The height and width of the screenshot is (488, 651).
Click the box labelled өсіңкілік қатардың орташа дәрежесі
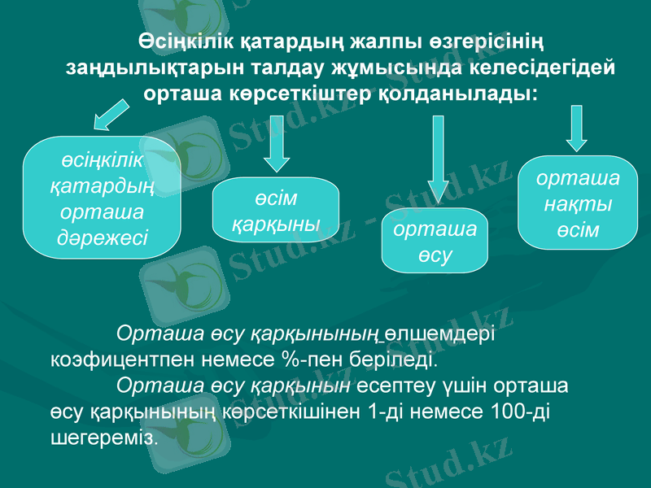click(x=102, y=198)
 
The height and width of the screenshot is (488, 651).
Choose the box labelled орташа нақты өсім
click(x=577, y=203)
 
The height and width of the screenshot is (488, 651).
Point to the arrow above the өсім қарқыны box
click(x=277, y=142)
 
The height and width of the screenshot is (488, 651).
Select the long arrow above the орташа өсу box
click(x=439, y=159)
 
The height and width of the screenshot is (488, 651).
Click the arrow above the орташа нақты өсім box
click(x=577, y=129)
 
